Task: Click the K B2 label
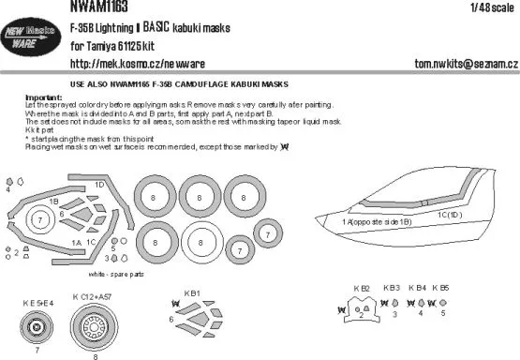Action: [362, 288]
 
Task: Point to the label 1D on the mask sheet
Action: [99, 184]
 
